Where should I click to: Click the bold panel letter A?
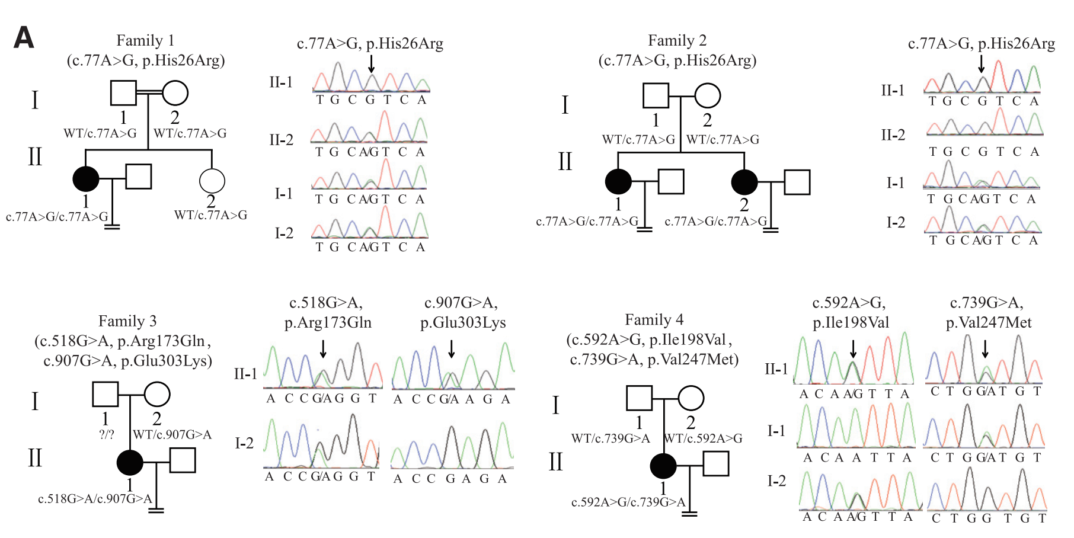24,39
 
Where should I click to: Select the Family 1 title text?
145,40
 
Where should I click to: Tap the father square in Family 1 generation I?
123,93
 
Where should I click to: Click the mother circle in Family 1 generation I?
175,93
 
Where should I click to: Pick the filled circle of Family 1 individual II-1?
86,178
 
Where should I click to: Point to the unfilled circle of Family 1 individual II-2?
212,181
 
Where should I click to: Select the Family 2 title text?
677,40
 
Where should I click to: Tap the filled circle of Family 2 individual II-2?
744,182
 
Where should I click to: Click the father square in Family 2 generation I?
656,95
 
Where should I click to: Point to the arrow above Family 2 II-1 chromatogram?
982,63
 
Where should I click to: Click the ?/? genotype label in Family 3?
107,434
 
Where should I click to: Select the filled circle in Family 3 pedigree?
130,462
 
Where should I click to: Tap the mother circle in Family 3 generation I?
157,395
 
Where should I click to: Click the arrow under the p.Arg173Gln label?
323,349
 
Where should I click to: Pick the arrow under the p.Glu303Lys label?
452,349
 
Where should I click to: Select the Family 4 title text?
654,320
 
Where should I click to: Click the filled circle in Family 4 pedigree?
663,466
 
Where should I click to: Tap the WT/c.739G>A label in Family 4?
610,438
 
